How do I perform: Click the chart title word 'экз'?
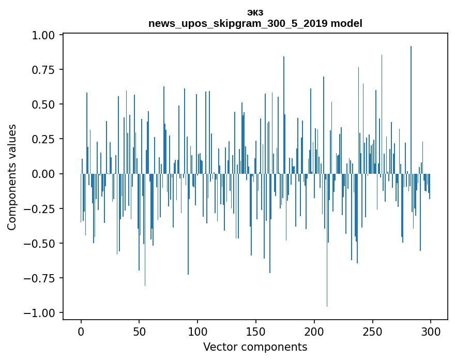(255, 12)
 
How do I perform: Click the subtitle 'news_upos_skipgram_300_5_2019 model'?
(255, 23)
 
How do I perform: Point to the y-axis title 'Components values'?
(12, 177)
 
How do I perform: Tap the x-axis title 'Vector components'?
(255, 347)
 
